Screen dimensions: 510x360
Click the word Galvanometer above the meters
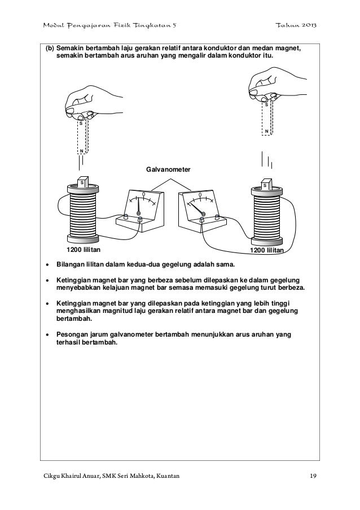pyautogui.click(x=168, y=169)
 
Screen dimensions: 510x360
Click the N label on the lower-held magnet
pyautogui.click(x=82, y=151)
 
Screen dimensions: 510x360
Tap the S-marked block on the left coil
pyautogui.click(x=82, y=183)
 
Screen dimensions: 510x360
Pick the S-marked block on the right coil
pyautogui.click(x=265, y=185)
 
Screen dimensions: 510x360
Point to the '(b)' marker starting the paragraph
pyautogui.click(x=49, y=49)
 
